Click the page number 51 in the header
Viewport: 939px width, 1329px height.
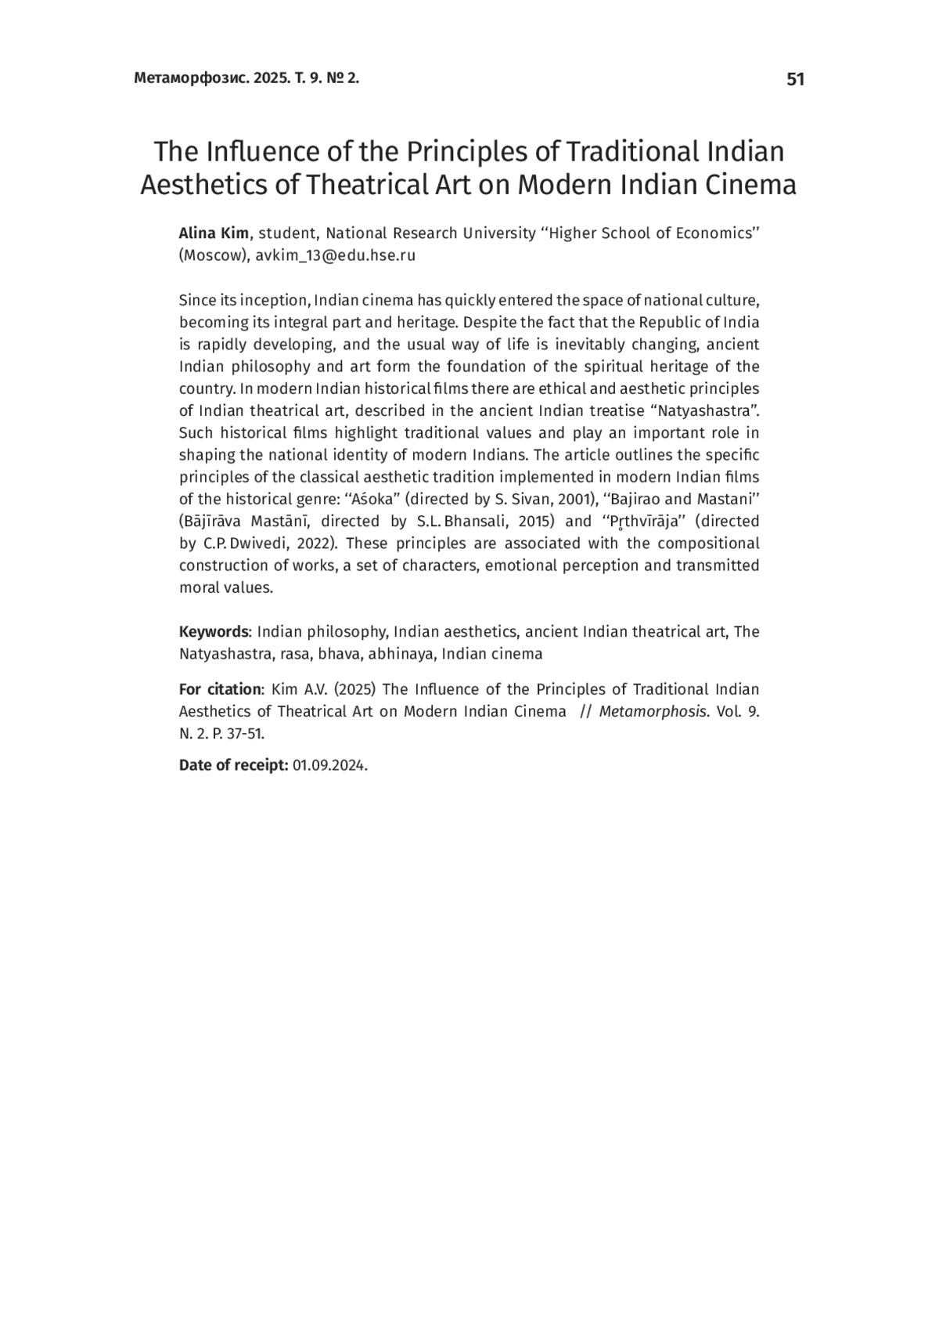coord(795,79)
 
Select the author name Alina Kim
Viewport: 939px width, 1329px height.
coord(214,233)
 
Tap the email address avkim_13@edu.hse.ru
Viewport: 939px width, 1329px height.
coord(336,255)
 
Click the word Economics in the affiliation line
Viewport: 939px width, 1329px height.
coord(718,233)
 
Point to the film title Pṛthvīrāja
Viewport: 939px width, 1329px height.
coord(649,522)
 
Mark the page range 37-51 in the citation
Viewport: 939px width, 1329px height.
coord(243,734)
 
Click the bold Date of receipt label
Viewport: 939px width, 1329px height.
coord(234,765)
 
